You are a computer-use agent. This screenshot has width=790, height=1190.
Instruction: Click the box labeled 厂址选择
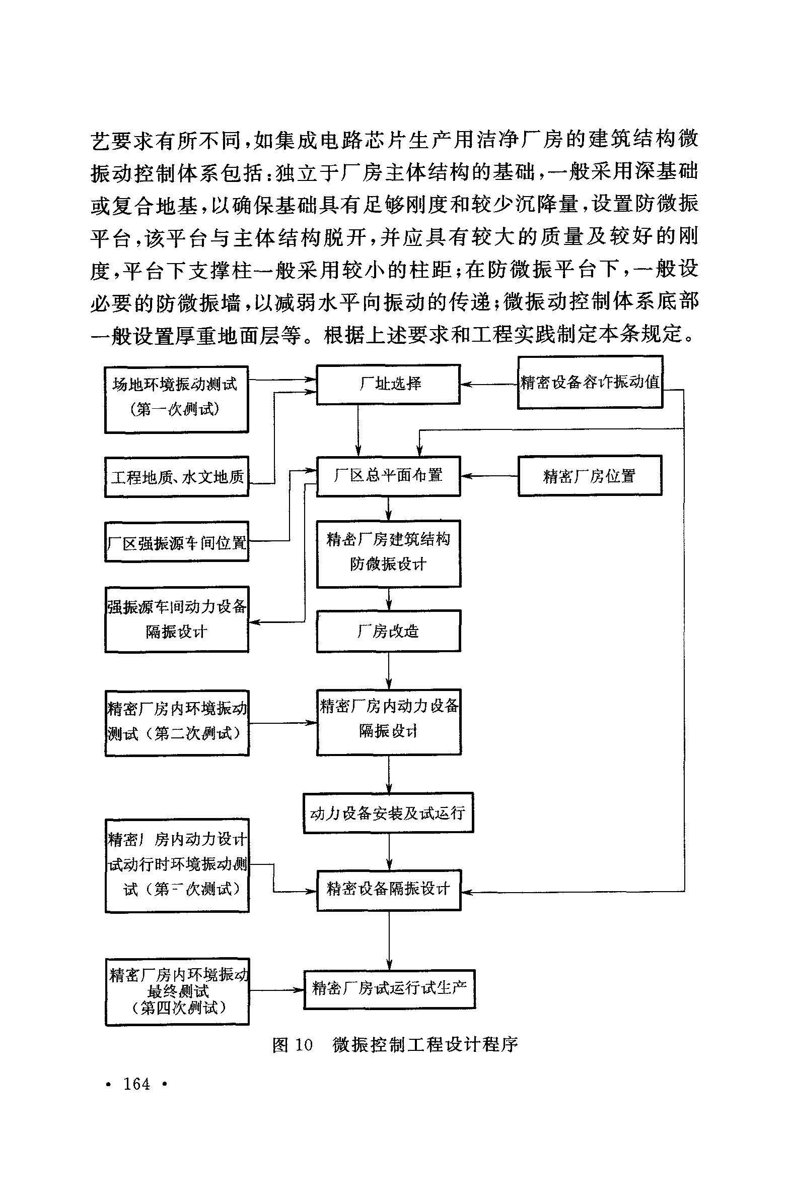pos(388,384)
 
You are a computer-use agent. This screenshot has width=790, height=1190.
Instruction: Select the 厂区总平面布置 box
pos(388,476)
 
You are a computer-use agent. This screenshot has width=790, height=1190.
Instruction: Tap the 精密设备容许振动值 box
pos(590,382)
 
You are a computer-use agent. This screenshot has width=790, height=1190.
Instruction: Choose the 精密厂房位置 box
pos(590,476)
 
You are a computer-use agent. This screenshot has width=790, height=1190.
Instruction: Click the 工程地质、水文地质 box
pos(177,477)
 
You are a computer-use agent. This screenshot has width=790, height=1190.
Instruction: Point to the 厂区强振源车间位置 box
pos(177,542)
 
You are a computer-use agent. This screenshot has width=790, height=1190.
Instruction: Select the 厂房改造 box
pos(388,631)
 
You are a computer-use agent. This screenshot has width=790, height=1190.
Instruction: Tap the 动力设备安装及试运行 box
pos(388,813)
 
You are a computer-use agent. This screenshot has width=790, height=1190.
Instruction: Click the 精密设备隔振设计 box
pos(388,890)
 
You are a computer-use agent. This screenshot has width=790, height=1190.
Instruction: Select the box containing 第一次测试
pos(176,399)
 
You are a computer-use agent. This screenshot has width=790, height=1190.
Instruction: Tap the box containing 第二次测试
pos(177,723)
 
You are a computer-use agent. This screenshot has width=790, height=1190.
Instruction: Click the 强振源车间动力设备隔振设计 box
pos(177,619)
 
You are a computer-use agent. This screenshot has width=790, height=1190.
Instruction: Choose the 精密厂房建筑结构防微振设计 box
pos(388,553)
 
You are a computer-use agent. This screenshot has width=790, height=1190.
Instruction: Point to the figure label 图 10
pos(292,1044)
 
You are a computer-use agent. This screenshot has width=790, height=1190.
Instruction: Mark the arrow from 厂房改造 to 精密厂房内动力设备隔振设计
pos(388,671)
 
